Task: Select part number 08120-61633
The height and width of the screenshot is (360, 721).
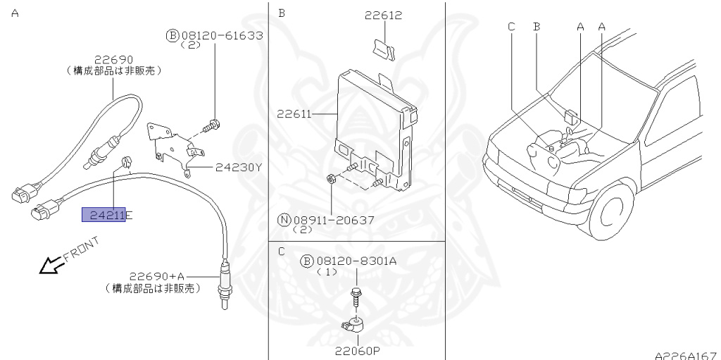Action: (x=222, y=35)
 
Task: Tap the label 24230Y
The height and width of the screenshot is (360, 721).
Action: (x=238, y=167)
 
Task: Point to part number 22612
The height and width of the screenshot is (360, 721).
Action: (x=384, y=15)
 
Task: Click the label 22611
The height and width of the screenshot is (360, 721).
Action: (x=294, y=113)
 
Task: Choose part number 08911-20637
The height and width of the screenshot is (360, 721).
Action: (x=333, y=221)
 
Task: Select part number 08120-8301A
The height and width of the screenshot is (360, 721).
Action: (x=356, y=261)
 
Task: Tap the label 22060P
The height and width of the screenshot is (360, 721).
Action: (x=357, y=351)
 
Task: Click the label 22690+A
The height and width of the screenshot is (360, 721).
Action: (x=156, y=276)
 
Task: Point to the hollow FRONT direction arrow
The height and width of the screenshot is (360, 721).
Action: (x=51, y=265)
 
